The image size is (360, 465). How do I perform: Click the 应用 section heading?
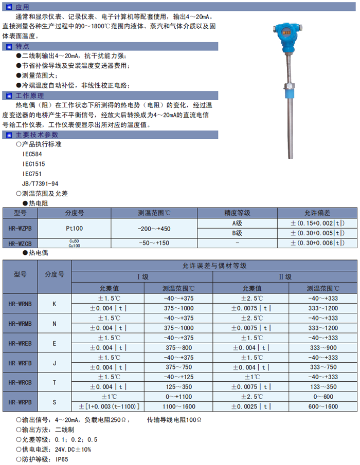(x=23, y=7)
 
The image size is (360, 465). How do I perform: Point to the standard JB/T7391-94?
(x=40, y=183)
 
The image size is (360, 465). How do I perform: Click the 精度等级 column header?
(x=237, y=212)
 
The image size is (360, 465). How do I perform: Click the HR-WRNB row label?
(x=20, y=304)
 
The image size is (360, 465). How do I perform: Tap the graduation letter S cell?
(x=55, y=402)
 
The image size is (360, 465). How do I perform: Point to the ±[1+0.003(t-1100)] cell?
(x=108, y=406)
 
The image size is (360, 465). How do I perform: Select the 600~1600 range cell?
(x=323, y=406)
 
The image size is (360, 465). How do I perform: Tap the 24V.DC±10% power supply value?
(x=74, y=449)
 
